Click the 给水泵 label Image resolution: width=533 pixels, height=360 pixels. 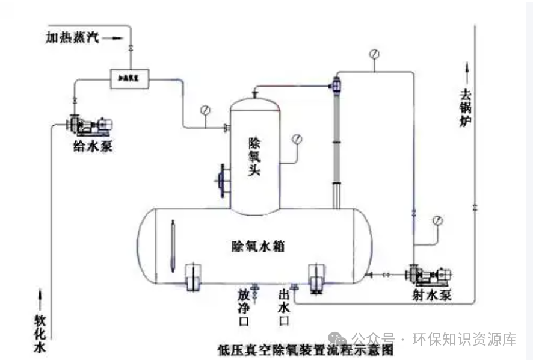pos(92,146)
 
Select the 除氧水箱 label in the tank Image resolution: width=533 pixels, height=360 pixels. pos(258,246)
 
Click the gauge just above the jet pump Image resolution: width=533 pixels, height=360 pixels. pos(437,220)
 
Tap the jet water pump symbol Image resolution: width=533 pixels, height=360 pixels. pos(428,275)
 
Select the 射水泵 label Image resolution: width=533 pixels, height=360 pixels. pos(432,295)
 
